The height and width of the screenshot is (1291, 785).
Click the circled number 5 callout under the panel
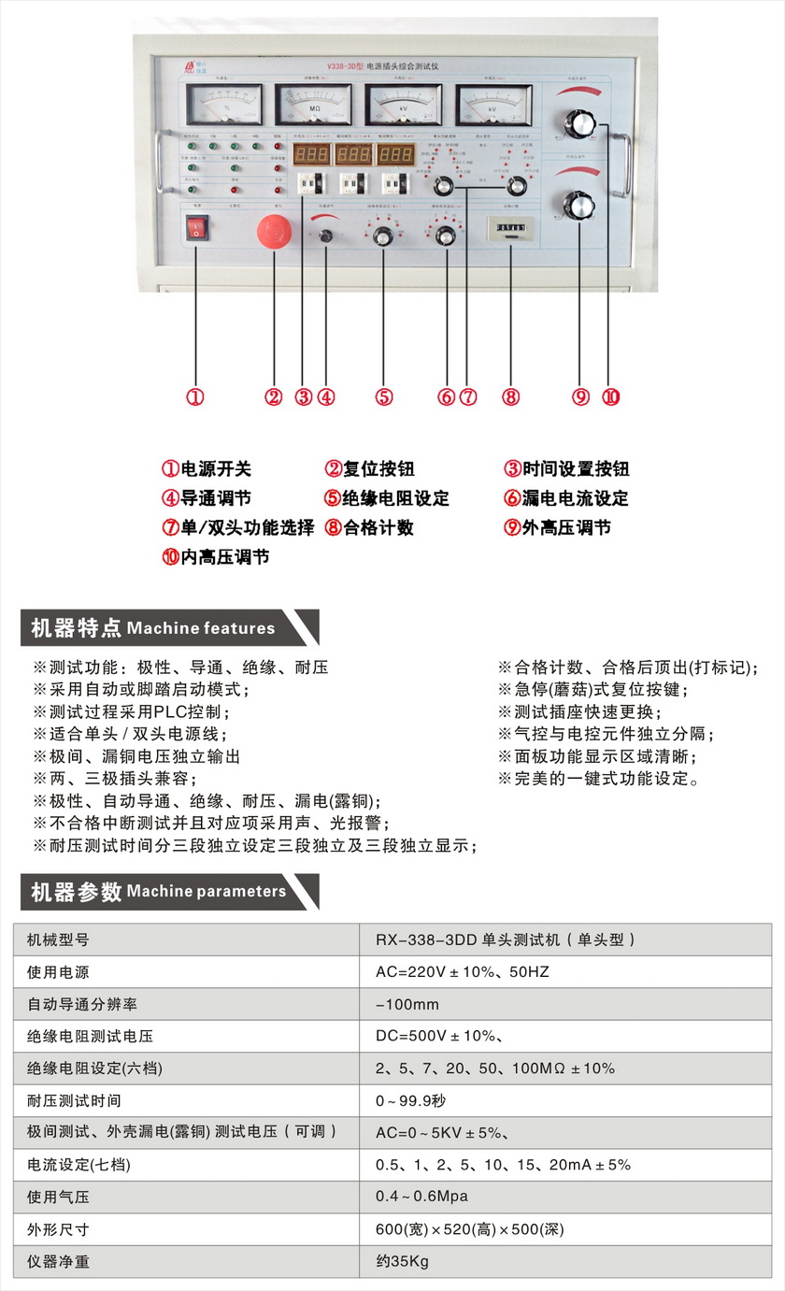click(x=384, y=396)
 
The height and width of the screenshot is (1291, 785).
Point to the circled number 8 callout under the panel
click(x=510, y=396)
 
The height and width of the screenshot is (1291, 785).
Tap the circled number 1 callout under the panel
click(x=194, y=396)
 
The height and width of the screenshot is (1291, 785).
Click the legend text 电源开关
click(x=215, y=469)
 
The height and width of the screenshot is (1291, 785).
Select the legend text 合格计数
click(x=378, y=527)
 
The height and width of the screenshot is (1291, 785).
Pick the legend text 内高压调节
click(x=224, y=557)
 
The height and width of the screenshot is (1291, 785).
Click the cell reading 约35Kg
click(x=402, y=1261)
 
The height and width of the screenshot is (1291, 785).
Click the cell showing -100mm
click(x=407, y=1005)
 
